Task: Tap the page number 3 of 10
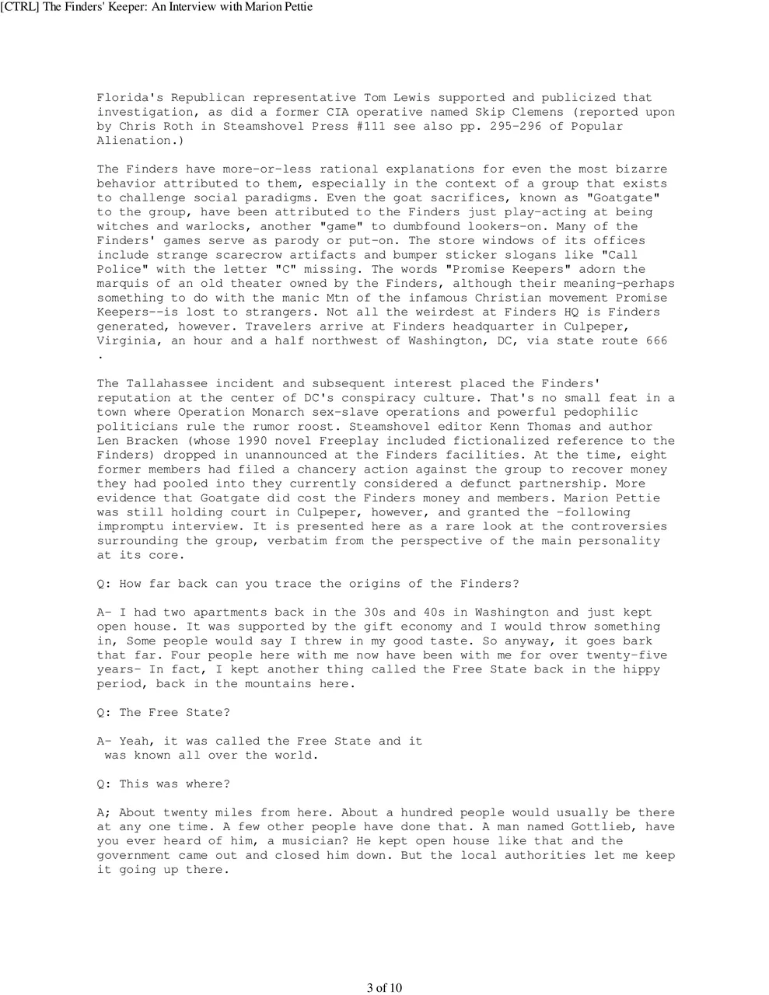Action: coord(384,988)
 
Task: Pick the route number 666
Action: coord(656,340)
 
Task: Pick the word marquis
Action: coord(122,284)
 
